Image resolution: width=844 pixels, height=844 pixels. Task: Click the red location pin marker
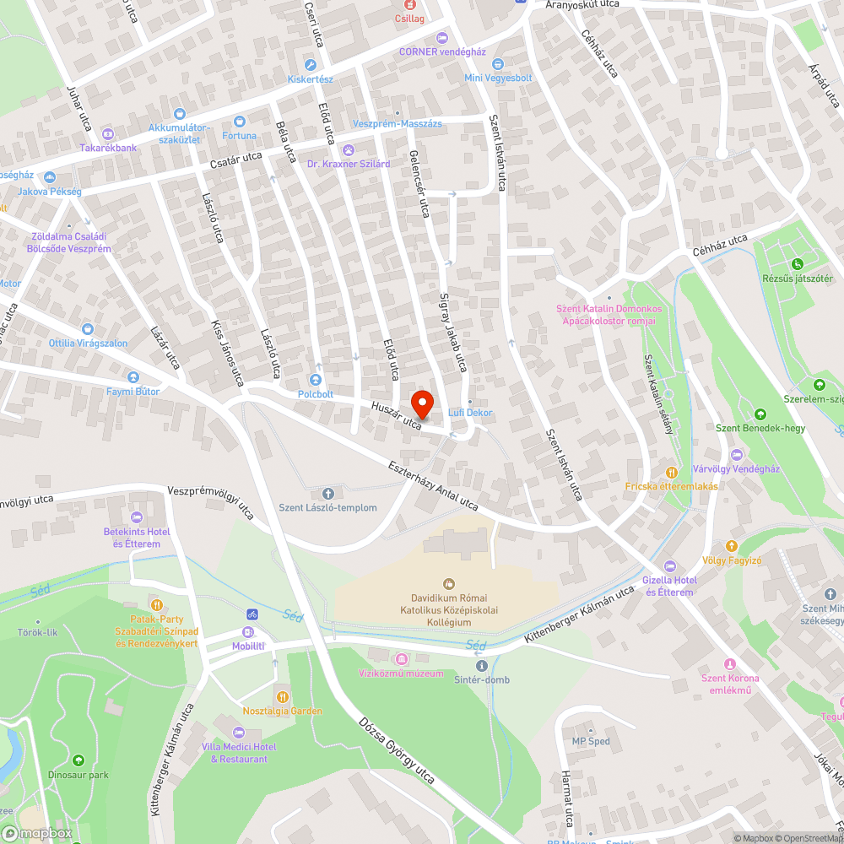click(x=421, y=403)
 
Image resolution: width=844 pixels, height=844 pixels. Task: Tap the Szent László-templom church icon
click(x=328, y=493)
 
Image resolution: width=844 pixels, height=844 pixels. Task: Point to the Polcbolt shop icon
click(x=316, y=380)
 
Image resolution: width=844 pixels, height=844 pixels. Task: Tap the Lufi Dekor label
click(x=470, y=413)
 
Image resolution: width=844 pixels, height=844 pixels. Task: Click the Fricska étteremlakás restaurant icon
click(x=671, y=473)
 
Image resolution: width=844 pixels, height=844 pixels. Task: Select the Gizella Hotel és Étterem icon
click(x=670, y=565)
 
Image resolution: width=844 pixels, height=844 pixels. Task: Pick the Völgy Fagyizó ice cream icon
click(x=732, y=546)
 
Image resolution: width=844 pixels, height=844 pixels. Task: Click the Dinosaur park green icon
click(x=78, y=760)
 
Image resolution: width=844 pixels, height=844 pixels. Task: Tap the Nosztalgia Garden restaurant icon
click(x=282, y=697)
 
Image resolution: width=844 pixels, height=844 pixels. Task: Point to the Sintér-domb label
click(x=481, y=679)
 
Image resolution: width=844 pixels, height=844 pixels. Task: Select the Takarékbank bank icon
click(x=108, y=134)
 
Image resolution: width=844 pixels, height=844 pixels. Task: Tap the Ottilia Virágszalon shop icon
click(x=88, y=328)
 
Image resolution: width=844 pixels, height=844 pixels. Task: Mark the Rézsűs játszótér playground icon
click(x=798, y=265)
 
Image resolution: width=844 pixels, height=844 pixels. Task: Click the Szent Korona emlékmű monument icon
click(x=730, y=664)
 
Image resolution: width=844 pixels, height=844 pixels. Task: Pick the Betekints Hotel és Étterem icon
click(x=137, y=517)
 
